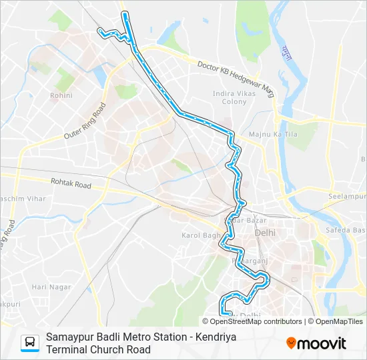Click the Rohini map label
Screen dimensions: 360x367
(x=56, y=95)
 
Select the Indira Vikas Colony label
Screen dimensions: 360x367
(x=229, y=97)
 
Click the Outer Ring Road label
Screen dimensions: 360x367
(x=85, y=121)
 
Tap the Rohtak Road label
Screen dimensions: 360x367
(x=71, y=183)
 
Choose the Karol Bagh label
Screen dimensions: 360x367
(x=200, y=235)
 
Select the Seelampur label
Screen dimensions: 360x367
(x=347, y=197)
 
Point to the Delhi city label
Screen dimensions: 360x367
(x=265, y=233)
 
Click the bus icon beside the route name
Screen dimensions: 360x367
(x=31, y=343)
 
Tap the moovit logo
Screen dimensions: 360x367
(x=316, y=343)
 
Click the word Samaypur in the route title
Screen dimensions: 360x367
(x=70, y=337)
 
